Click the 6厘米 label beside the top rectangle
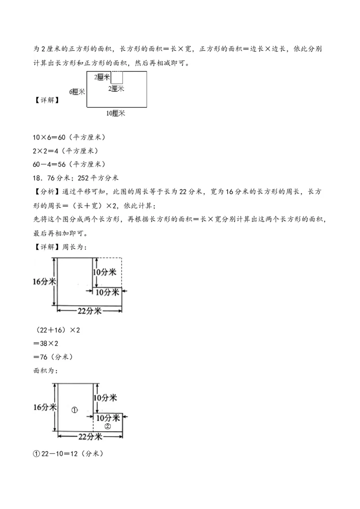(77, 92)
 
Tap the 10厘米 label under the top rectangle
(116, 113)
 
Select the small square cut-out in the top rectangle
(117, 77)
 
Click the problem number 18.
(38, 178)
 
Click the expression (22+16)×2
(57, 330)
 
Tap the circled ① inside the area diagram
(75, 410)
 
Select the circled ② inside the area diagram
(108, 426)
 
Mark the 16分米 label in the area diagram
(45, 407)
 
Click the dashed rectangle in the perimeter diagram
(107, 272)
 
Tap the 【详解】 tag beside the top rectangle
(46, 100)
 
